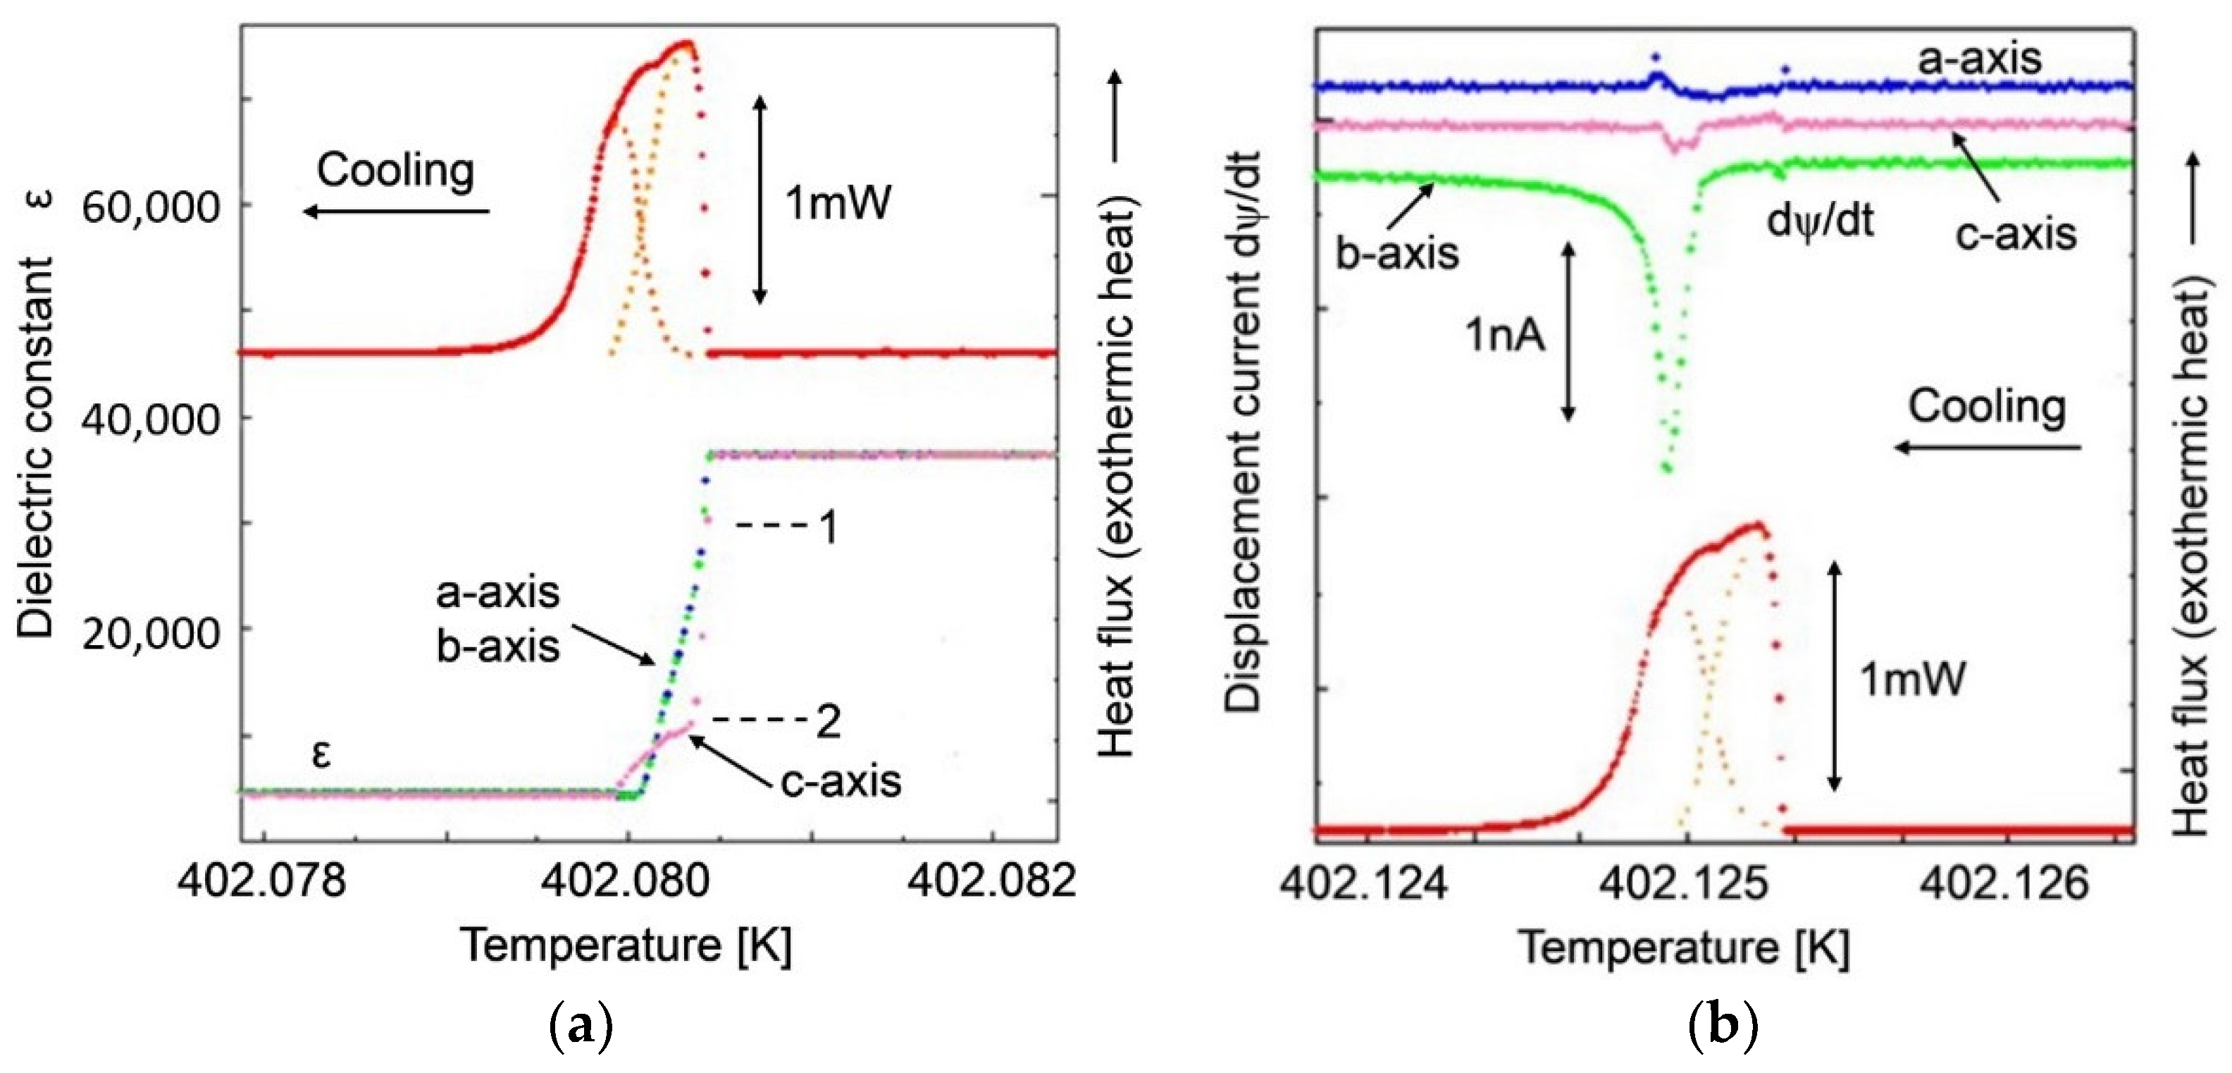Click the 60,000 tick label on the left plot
click(x=151, y=207)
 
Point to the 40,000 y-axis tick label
click(x=151, y=419)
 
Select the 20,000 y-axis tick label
click(x=151, y=634)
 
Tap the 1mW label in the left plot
click(x=838, y=204)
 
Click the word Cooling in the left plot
click(x=395, y=170)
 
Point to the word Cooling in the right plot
click(x=1987, y=407)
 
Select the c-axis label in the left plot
click(x=841, y=781)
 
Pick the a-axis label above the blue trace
click(x=1979, y=59)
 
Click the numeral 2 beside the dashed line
click(x=829, y=721)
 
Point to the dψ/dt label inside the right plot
click(x=1820, y=220)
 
